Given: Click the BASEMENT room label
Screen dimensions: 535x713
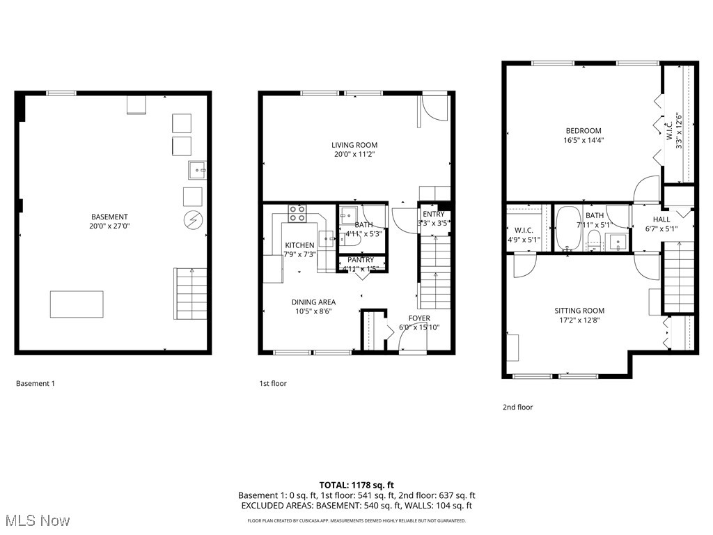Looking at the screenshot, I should tap(109, 217).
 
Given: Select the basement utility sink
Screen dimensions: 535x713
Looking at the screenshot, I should tap(196, 169).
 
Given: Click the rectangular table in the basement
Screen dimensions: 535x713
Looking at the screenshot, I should tap(77, 304).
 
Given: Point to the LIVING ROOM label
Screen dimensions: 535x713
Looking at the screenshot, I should tap(354, 145).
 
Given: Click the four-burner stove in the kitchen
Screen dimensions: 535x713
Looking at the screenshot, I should tap(298, 213).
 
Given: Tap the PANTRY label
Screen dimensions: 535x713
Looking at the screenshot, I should tap(361, 260).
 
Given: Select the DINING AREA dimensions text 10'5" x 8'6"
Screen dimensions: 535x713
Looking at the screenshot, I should tap(313, 312).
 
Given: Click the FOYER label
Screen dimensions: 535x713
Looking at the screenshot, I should tap(419, 318).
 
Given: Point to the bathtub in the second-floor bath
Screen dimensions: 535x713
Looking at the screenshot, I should tap(567, 228).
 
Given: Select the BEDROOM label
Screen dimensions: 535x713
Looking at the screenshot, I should tap(583, 130).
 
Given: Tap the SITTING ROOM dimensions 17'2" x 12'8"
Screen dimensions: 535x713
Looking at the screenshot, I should tap(579, 321).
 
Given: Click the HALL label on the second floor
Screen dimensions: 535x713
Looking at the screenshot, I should tap(661, 219).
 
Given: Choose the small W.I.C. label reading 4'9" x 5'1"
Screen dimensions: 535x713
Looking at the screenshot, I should tap(524, 240).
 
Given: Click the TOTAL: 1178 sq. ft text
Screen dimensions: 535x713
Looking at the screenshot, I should tap(356, 485).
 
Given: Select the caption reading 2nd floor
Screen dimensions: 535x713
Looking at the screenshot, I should tap(517, 408).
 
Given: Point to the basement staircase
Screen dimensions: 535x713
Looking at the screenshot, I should tap(190, 294).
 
